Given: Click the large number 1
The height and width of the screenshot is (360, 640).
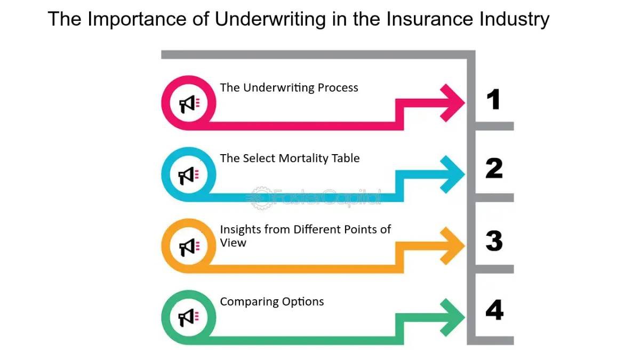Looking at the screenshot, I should [494, 99].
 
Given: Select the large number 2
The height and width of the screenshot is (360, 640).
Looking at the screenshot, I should [494, 169].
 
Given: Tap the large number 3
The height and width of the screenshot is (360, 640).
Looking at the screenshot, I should [494, 241].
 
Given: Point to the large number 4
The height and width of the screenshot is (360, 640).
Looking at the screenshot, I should [494, 310].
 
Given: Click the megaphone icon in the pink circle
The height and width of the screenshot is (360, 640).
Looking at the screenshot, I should [188, 104].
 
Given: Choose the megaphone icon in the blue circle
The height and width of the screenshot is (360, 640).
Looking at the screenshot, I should [188, 174].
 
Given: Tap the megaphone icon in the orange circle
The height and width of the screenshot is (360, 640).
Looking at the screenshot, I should [188, 246].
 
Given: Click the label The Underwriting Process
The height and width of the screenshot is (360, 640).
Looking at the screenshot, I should [289, 87].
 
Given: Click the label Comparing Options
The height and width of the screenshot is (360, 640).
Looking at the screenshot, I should [271, 301].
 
